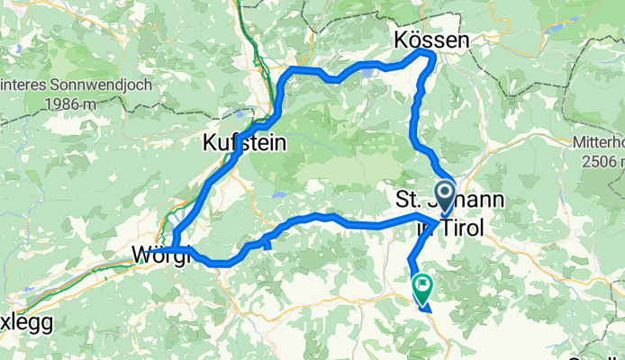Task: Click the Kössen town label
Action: pyautogui.click(x=431, y=40)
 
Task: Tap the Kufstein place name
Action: pyautogui.click(x=244, y=142)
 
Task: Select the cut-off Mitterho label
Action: pyautogui.click(x=599, y=142)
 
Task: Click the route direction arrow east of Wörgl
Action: pyautogui.click(x=268, y=242)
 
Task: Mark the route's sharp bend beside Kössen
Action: pyautogui.click(x=431, y=58)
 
